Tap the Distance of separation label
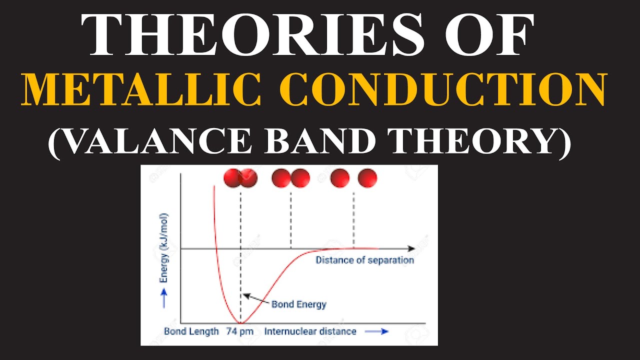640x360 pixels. coord(364,260)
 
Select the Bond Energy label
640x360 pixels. coord(298,304)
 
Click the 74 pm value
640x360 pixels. coord(239,331)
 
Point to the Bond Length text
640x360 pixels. coord(191,331)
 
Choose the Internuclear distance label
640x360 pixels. coord(310,331)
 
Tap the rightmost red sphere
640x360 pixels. coord(367,178)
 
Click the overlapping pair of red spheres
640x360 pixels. coord(240,178)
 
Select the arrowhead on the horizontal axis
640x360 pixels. coord(411,248)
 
